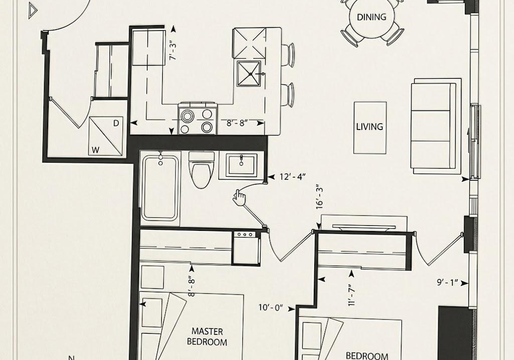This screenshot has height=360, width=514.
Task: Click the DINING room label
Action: (372, 17)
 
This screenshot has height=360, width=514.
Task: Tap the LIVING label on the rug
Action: (370, 126)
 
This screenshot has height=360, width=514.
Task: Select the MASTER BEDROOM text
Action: (207, 337)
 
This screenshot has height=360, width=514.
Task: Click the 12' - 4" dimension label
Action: (293, 177)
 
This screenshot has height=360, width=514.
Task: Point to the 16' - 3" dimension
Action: (320, 198)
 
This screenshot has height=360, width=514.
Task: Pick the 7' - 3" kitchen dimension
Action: (173, 50)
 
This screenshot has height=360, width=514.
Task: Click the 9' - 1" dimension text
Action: (448, 283)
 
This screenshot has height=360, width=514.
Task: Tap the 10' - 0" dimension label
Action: (271, 308)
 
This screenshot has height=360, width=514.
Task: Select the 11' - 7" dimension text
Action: (352, 295)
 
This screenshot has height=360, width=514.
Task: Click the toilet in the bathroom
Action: (202, 170)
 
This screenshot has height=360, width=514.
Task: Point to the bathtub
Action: (160, 187)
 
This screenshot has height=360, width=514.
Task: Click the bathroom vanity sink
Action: (241, 166)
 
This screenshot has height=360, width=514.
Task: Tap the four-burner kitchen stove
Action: (198, 118)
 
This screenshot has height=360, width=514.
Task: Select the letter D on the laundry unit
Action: (116, 124)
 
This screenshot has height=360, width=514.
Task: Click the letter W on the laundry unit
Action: (95, 150)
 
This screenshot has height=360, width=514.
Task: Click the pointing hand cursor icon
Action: (240, 198)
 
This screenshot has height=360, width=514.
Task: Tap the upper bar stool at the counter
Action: (288, 55)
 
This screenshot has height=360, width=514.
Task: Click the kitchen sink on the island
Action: (249, 74)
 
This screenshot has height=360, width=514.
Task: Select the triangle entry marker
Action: (32, 11)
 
